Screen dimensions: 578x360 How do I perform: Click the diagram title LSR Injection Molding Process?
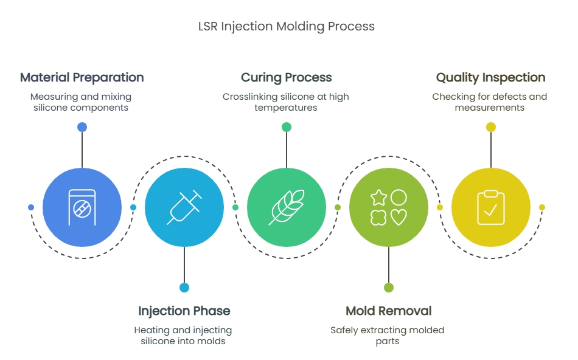pyautogui.click(x=287, y=27)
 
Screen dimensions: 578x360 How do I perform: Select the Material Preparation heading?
pyautogui.click(x=82, y=77)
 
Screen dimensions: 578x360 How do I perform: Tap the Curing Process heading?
pyautogui.click(x=287, y=78)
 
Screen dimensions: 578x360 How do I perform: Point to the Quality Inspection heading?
pyautogui.click(x=490, y=78)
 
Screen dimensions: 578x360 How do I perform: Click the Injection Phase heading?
pyautogui.click(x=184, y=311)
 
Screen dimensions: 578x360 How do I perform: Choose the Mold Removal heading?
pyautogui.click(x=389, y=311)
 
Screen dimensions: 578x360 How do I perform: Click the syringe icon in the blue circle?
pyautogui.click(x=184, y=207)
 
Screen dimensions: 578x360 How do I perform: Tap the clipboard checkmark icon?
pyautogui.click(x=490, y=207)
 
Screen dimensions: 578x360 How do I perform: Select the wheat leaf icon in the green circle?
pyautogui.click(x=287, y=207)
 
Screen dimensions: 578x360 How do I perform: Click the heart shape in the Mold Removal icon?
pyautogui.click(x=399, y=217)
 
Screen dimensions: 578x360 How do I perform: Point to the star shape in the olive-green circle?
pyautogui.click(x=378, y=198)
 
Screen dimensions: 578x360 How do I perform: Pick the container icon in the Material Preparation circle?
pyautogui.click(x=82, y=207)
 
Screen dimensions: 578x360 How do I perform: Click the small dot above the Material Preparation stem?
pyautogui.click(x=82, y=127)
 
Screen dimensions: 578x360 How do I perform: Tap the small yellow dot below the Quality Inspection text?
pyautogui.click(x=490, y=127)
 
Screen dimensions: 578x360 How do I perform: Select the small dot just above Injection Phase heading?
pyautogui.click(x=184, y=288)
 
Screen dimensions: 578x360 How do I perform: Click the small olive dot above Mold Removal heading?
pyautogui.click(x=389, y=288)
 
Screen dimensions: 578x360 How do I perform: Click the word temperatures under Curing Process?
pyautogui.click(x=286, y=108)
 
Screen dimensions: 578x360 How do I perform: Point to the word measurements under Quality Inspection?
pyautogui.click(x=490, y=108)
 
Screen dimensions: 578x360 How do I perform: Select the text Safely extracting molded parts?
pyautogui.click(x=388, y=335)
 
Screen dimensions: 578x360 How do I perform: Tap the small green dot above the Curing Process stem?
pyautogui.click(x=287, y=127)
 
